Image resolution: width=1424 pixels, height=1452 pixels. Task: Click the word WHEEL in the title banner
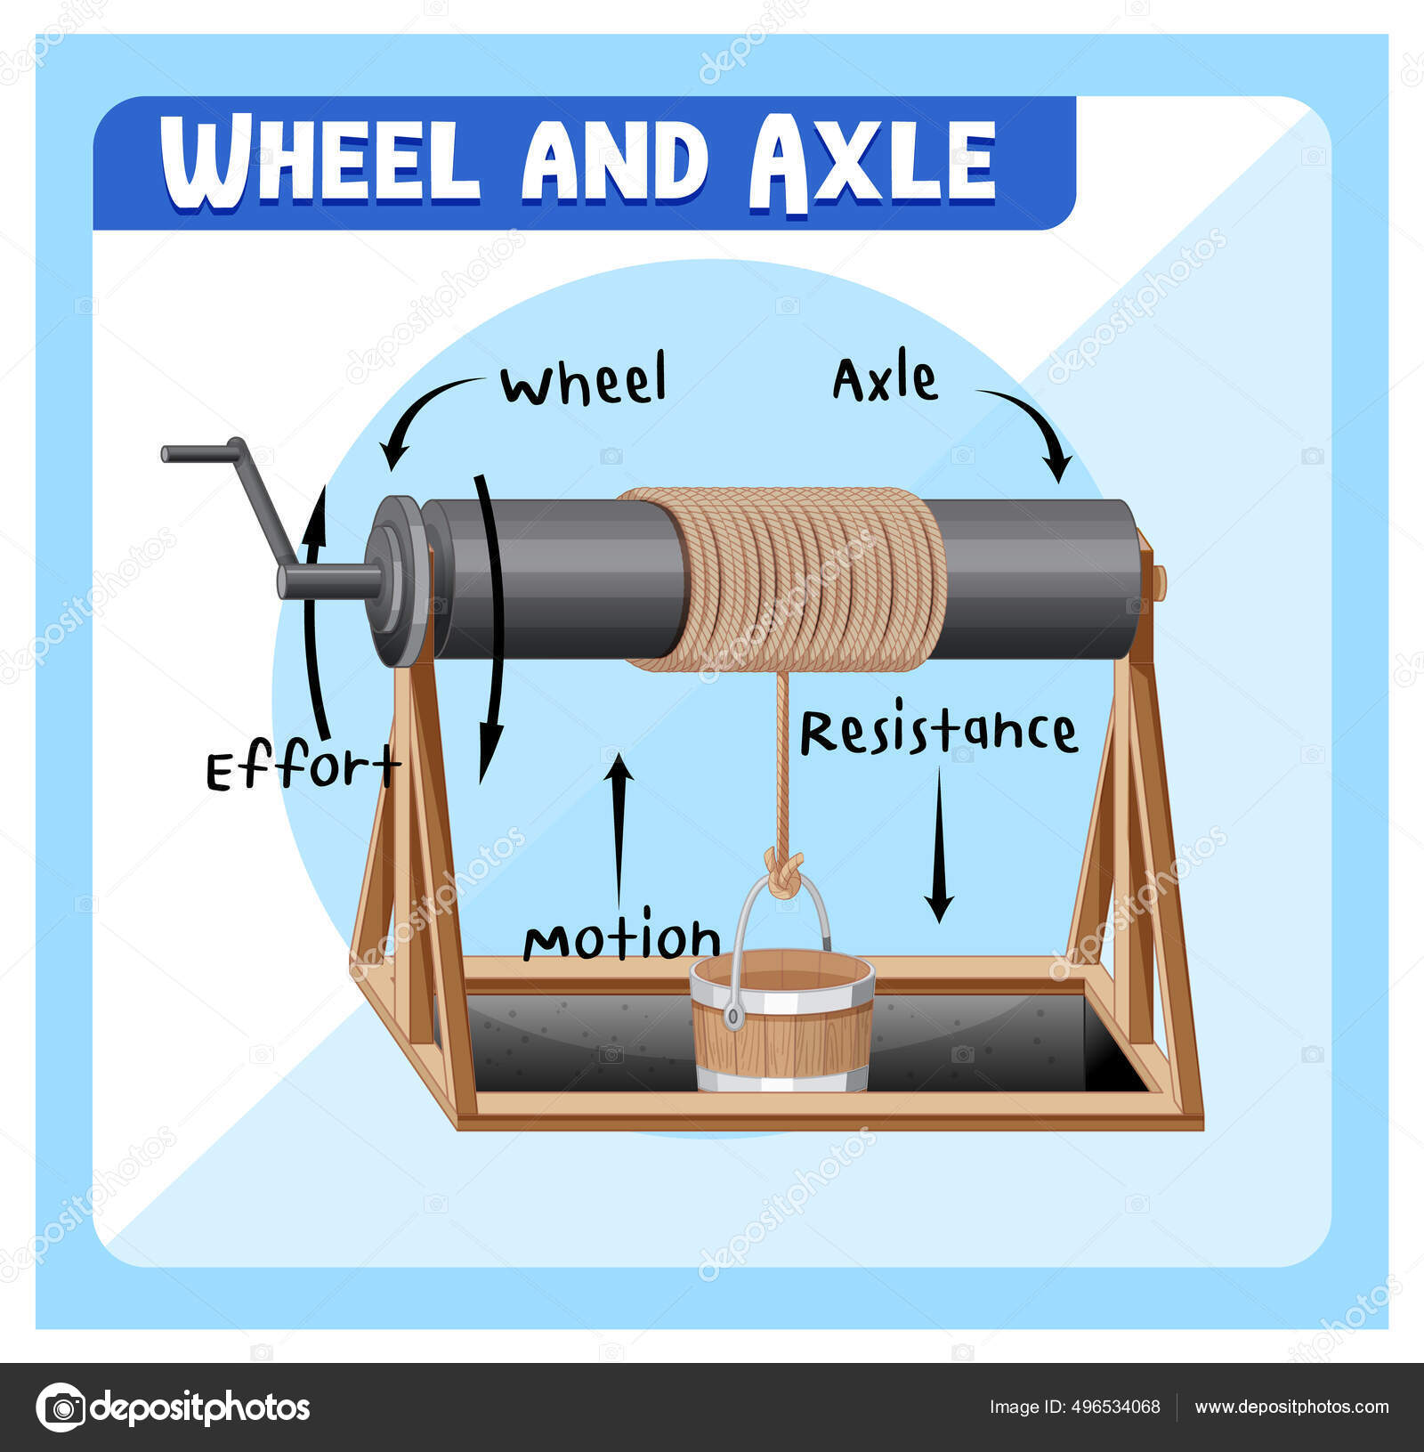point(320,163)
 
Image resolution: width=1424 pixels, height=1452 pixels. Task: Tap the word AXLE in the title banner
point(872,163)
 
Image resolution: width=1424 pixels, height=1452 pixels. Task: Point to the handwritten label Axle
point(885,380)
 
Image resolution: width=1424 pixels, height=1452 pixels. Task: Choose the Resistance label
point(938,734)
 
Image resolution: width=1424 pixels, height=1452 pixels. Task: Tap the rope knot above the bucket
point(783,872)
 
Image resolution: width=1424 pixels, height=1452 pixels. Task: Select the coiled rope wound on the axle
point(783,579)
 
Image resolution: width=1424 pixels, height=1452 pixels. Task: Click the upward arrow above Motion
point(619,828)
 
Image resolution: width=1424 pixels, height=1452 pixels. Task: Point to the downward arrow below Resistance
point(939,846)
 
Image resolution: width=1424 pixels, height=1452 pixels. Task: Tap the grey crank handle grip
point(200,452)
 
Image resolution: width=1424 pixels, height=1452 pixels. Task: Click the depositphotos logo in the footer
point(174,1407)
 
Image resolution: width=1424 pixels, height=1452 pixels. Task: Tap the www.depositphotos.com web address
point(1291,1407)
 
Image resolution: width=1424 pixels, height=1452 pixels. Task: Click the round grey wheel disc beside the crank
point(396,580)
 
